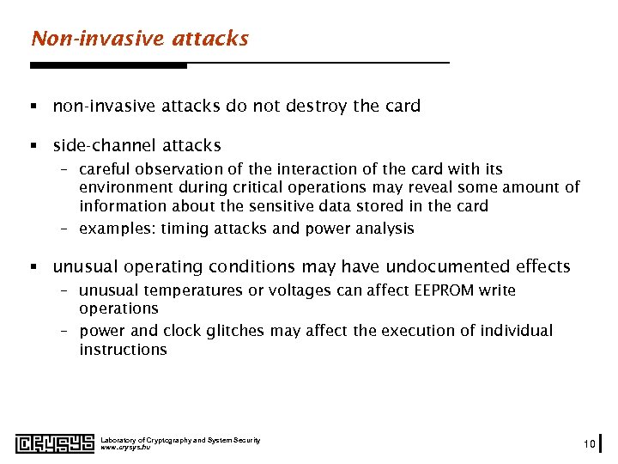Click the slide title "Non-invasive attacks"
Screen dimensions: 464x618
tap(139, 39)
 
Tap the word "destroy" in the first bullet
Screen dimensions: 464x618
tap(316, 107)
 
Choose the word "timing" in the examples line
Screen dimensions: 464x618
tap(184, 229)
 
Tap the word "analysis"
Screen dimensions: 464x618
tap(383, 229)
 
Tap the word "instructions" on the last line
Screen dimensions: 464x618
tap(123, 350)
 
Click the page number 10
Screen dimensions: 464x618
tap(588, 443)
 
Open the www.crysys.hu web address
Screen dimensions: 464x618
tap(125, 448)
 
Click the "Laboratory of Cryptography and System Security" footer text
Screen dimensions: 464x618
tap(180, 440)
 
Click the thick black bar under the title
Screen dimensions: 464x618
tap(108, 65)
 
